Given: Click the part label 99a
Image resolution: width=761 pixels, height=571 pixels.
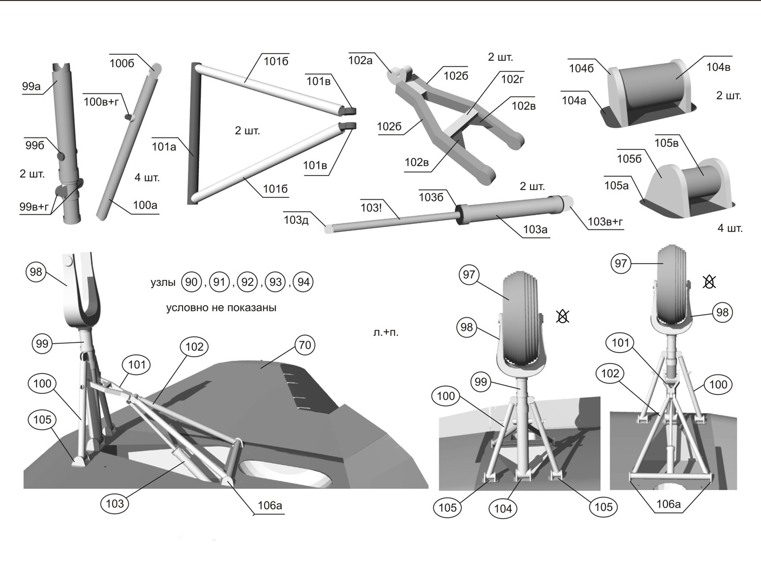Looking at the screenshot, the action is (x=31, y=86).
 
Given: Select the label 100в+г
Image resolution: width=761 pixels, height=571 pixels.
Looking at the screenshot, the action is (x=102, y=102).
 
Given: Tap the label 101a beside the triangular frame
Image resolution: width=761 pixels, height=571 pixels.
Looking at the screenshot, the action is (x=164, y=147).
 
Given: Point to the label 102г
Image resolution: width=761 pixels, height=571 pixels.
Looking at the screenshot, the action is (x=512, y=79).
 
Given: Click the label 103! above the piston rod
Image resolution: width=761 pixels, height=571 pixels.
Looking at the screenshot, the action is (x=371, y=208).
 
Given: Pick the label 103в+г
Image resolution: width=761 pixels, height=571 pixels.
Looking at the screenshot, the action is (x=605, y=221).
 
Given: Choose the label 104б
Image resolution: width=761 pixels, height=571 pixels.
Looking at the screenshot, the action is (x=582, y=68).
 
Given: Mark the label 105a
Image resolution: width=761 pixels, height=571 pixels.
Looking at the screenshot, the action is (x=617, y=185).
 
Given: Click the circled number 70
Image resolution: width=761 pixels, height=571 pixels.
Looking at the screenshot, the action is (x=305, y=345).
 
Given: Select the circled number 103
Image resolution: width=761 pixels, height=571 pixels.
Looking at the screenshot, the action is (x=115, y=503).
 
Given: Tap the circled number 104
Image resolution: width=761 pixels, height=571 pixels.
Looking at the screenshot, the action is (x=503, y=509).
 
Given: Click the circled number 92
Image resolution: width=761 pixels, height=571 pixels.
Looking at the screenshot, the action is (x=248, y=282).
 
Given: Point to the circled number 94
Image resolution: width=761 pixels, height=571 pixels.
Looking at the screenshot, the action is (x=303, y=282).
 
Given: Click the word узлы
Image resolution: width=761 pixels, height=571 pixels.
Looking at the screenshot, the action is (x=163, y=283).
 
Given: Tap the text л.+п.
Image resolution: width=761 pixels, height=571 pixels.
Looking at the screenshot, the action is (x=386, y=333).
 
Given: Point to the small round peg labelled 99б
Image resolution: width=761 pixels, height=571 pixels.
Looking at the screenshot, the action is (x=61, y=156).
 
